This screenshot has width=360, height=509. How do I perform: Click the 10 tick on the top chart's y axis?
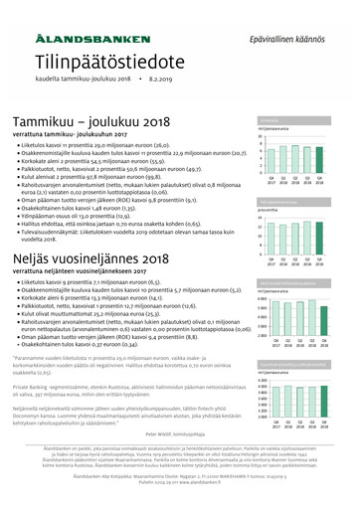click(x=261, y=137)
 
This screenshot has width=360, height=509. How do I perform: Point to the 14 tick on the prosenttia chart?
click(x=261, y=216)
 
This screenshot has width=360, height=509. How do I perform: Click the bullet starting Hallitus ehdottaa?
click(x=129, y=202)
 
